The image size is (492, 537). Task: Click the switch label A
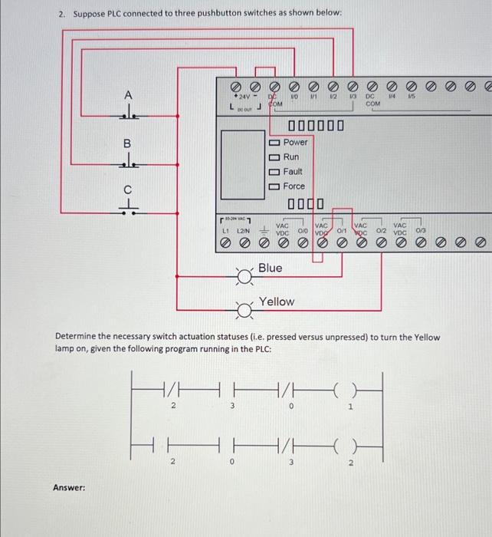click(128, 94)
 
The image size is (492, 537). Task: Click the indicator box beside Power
click(274, 143)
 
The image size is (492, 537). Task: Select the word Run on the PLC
click(291, 157)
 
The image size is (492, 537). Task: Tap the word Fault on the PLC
click(293, 172)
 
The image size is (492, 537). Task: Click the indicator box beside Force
click(274, 186)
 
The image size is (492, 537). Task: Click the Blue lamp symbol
click(244, 276)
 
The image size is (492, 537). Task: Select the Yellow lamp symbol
click(244, 310)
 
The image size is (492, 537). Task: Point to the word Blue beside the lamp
click(270, 268)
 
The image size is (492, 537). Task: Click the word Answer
click(68, 487)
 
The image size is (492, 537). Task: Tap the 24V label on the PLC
click(244, 98)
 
